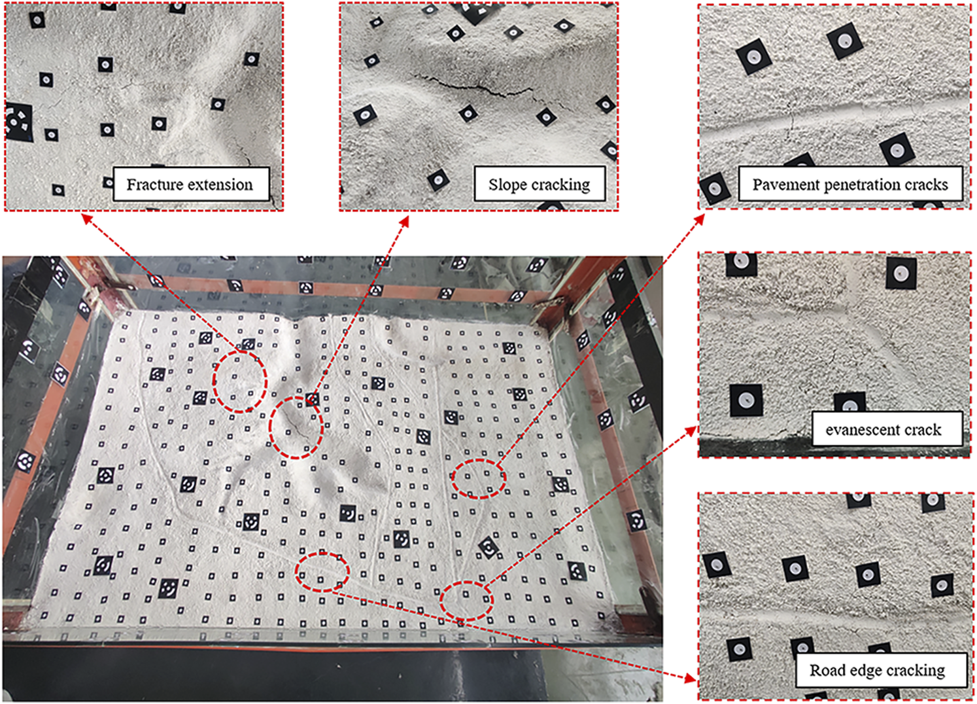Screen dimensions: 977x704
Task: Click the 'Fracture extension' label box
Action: [191, 184]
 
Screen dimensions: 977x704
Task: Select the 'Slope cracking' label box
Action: [540, 184]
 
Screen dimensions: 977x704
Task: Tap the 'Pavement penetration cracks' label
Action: [850, 184]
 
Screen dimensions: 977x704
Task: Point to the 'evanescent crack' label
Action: [887, 429]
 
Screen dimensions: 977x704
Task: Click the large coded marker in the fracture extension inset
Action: [18, 122]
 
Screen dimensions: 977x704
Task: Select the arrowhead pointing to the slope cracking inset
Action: [405, 220]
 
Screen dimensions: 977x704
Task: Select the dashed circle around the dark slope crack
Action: [296, 397]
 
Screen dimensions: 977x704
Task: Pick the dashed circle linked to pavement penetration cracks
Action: [479, 461]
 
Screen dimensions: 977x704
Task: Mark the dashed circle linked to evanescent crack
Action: [466, 582]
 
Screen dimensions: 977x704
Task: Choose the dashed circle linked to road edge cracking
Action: [322, 553]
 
